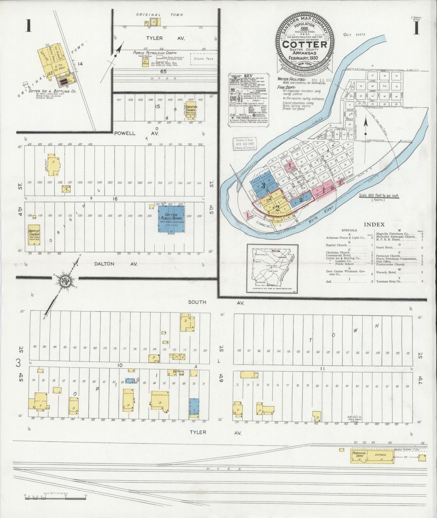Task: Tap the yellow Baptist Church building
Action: pos(34,235)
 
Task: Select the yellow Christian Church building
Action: pos(192,111)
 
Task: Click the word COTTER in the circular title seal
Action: pos(305,44)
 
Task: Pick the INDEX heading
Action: pos(374,224)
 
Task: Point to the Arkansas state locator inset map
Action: pos(272,268)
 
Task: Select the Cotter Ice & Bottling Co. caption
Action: pos(53,91)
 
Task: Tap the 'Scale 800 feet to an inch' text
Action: pos(378,196)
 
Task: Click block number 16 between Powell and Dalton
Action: pos(115,199)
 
